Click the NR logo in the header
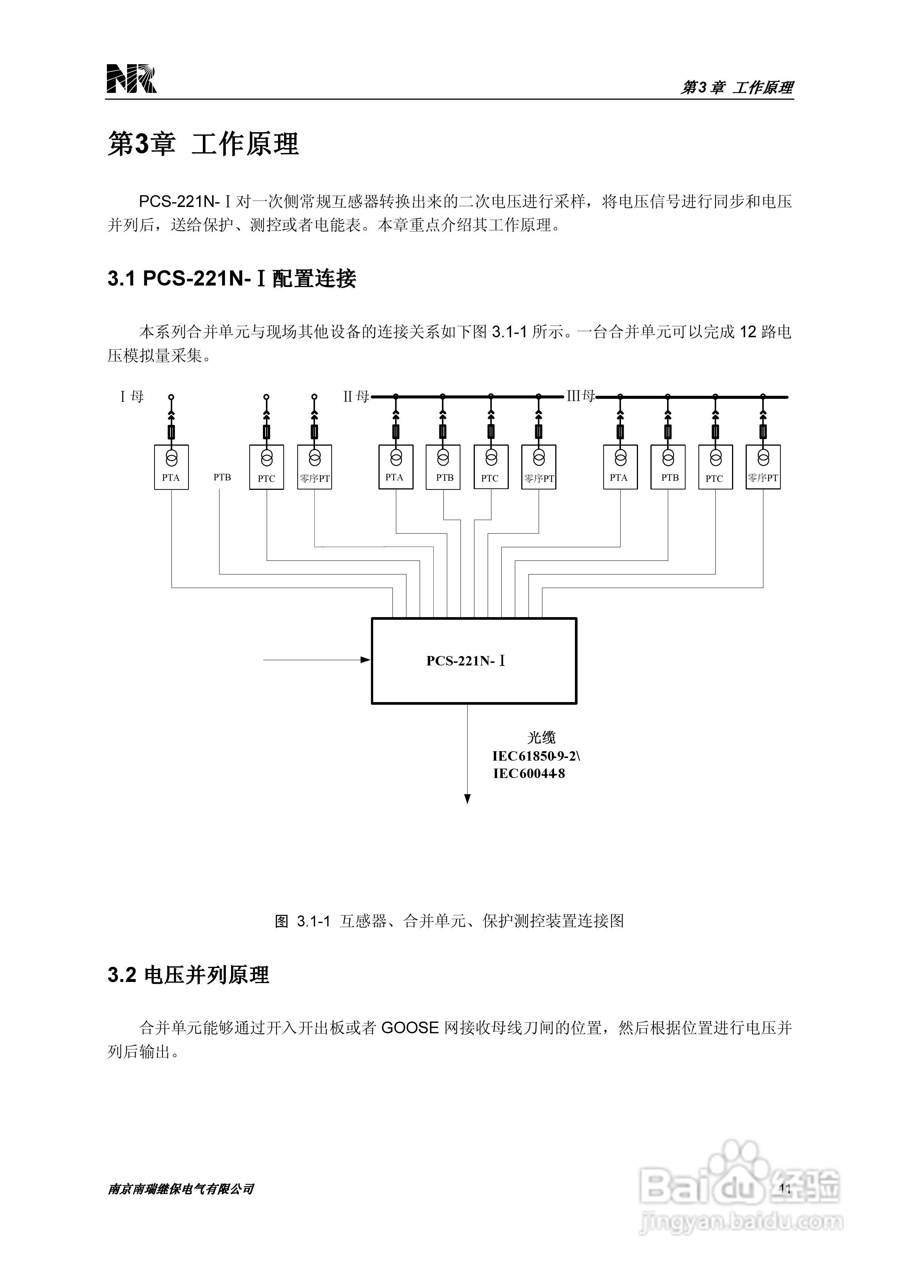pos(131,78)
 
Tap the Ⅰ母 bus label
pos(132,397)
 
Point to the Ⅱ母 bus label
pos(356,397)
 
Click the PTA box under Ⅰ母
pos(171,467)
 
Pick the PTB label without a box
pos(222,477)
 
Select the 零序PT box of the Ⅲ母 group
pos(763,467)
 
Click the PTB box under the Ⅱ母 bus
pos(443,467)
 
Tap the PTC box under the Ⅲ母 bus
pos(715,467)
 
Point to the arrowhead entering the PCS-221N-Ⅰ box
pos(365,660)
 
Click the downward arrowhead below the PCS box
pos(467,799)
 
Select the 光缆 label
pos(541,737)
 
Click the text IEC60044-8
pos(529,774)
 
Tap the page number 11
pos(785,1188)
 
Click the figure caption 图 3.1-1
pos(449,921)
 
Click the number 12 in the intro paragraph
pos(748,332)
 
